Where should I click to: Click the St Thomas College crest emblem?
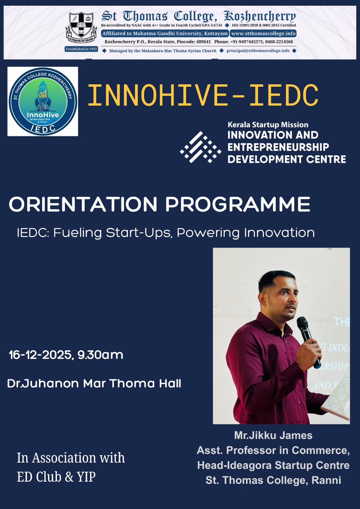[x=81, y=28]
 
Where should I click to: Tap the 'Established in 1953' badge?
[x=81, y=49]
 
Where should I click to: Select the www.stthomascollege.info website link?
[x=263, y=33]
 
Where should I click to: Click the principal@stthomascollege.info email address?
[x=258, y=51]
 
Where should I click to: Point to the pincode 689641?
[x=203, y=42]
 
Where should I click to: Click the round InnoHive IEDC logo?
[x=43, y=101]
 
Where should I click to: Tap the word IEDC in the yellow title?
[x=284, y=95]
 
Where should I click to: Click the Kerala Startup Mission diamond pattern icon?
[x=200, y=147]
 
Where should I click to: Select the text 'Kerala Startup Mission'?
[x=268, y=125]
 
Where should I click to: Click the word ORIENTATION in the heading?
[x=83, y=204]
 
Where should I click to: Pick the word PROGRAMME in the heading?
[x=238, y=204]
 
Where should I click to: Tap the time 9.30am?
[x=100, y=355]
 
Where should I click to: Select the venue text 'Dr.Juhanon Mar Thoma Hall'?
[x=94, y=384]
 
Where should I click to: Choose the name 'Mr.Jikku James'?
[x=273, y=436]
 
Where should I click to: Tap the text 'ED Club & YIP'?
[x=56, y=477]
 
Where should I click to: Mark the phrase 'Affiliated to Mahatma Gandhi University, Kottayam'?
[x=165, y=33]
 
